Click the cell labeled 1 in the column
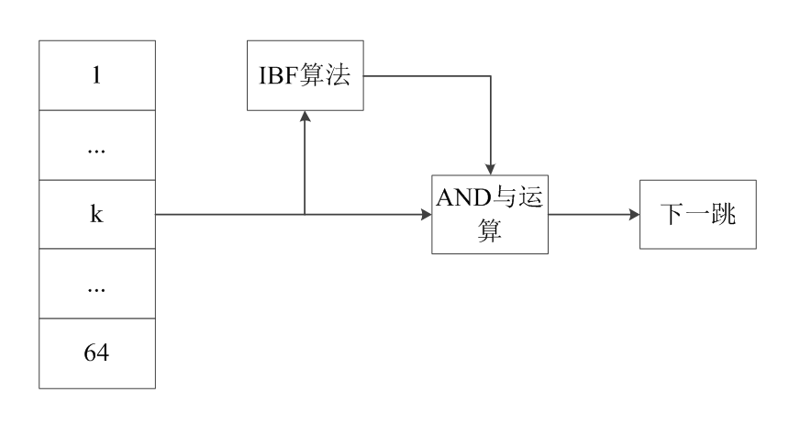[x=96, y=76]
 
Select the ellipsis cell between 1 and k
[x=96, y=147]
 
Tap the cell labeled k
[x=96, y=215]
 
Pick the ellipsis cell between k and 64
[x=96, y=285]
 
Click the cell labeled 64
[x=96, y=353]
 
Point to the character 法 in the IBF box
[x=339, y=76]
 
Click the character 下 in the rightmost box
[x=672, y=216]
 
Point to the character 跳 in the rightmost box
[x=723, y=216]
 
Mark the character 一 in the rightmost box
[x=697, y=216]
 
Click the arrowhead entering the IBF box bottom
[x=305, y=117]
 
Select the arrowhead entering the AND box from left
[x=426, y=215]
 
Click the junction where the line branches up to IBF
[x=305, y=215]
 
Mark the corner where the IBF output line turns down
[x=491, y=76]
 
